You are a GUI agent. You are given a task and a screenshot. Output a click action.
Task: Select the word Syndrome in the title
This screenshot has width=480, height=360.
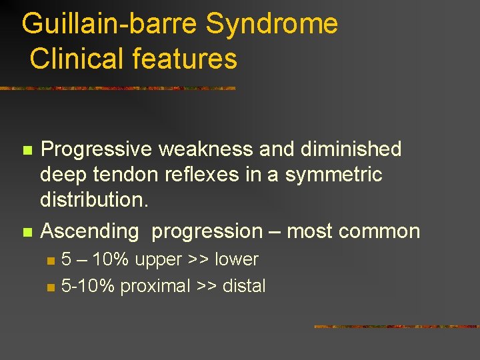[x=272, y=25]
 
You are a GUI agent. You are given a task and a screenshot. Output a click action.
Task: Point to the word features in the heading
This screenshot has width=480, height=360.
[x=185, y=59]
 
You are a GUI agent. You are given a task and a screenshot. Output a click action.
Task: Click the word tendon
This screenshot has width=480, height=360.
[x=126, y=175]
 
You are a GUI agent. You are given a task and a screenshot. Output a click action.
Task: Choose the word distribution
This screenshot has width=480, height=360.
[x=94, y=200]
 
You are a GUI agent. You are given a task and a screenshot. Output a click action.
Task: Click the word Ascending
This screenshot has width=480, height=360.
[x=90, y=232]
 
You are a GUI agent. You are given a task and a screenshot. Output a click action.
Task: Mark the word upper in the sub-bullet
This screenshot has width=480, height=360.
[x=157, y=260]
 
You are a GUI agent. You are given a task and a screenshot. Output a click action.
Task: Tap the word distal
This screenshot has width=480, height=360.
[x=243, y=286]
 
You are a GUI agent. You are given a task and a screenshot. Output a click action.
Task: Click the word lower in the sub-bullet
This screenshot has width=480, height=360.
[x=236, y=259]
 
